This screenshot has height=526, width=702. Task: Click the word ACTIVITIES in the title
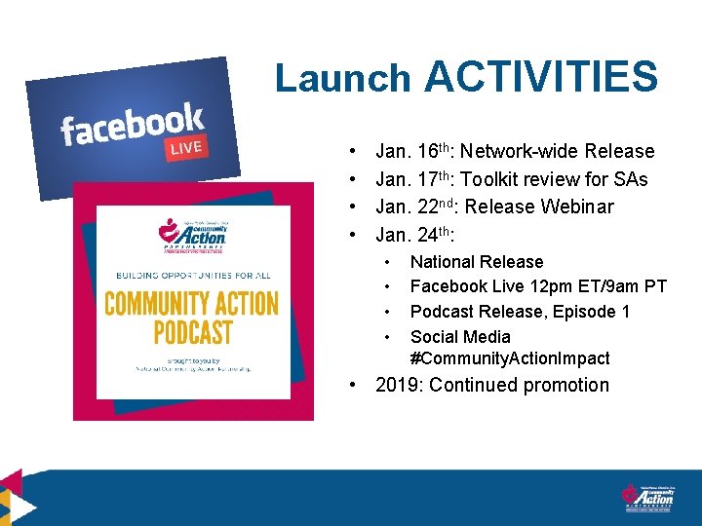pos(541,76)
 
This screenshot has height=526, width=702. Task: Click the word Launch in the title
pos(343,78)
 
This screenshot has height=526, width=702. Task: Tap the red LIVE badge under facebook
pos(185,148)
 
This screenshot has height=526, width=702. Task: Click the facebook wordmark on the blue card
pos(132,125)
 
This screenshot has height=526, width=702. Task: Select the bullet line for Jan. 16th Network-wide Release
pos(515,151)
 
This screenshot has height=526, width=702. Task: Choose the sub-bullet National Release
pos(477,261)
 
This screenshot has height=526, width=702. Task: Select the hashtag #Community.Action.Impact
pos(510,358)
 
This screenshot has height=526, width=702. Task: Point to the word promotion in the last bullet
pos(566,385)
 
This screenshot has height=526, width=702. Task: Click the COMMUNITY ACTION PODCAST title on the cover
pos(191,318)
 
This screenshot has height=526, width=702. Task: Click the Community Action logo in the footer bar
pos(647,497)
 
